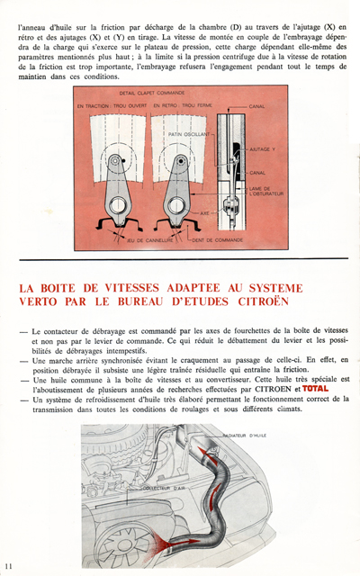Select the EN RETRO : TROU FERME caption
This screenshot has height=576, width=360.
pos(184,106)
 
